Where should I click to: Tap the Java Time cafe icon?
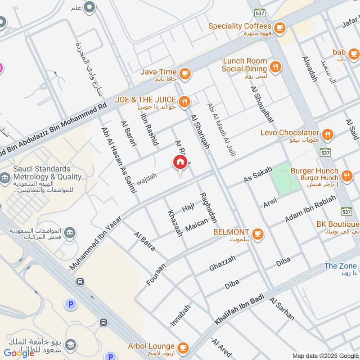point(184,72)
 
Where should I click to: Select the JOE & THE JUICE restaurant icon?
point(184,103)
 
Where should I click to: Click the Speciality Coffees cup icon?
point(279,27)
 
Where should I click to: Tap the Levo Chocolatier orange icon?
point(328,133)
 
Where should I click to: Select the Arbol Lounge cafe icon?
point(183,347)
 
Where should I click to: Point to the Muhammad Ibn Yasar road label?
point(94,241)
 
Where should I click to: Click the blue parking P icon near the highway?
point(70,305)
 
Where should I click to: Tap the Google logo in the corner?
point(19,353)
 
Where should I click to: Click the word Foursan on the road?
point(156,274)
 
